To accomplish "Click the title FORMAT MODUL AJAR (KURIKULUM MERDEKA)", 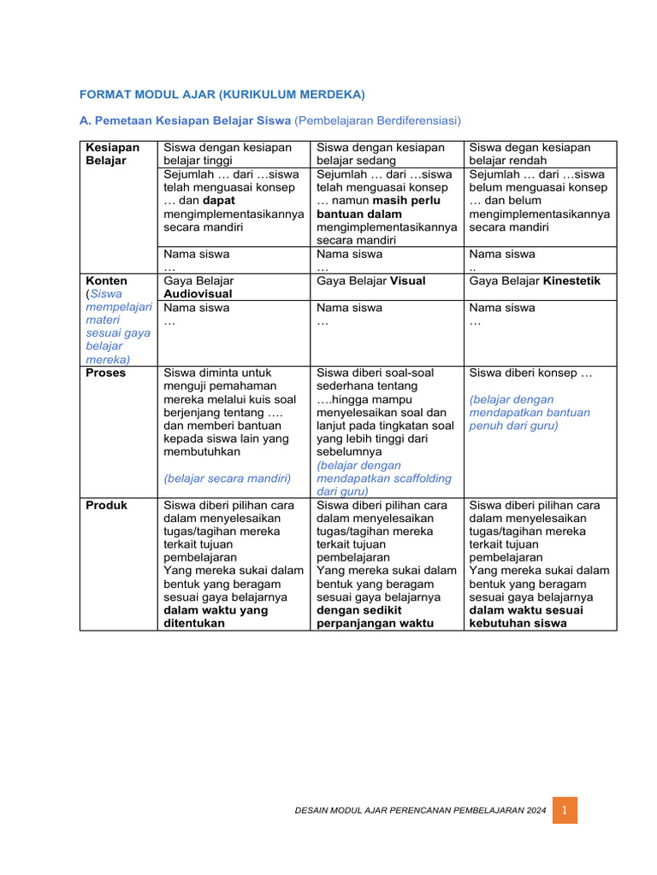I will click(222, 93).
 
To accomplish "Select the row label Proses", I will click(106, 373).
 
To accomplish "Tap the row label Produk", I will click(106, 505).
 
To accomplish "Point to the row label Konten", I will click(107, 281).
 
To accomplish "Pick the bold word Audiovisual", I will click(198, 294).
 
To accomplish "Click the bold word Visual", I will click(407, 281).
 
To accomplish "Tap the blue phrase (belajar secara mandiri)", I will click(227, 478).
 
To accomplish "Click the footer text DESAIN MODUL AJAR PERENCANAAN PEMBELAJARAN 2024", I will click(419, 810).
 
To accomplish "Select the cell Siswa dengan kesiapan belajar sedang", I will click(381, 154).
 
